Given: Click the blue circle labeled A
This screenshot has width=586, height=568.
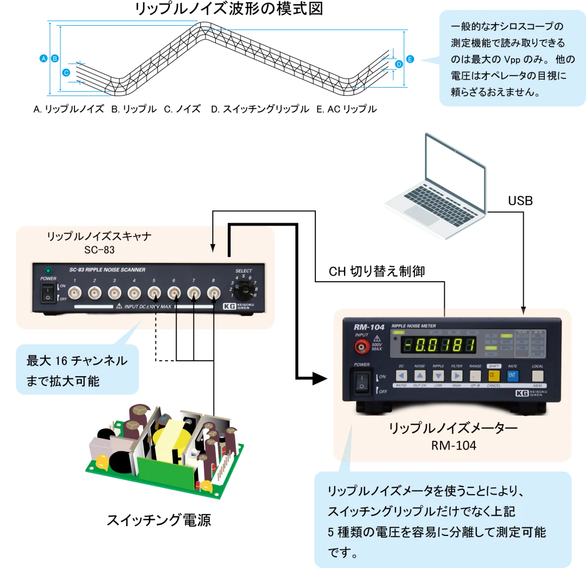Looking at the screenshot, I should click(x=44, y=58).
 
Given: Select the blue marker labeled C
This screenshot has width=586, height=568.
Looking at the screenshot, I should click(x=66, y=73).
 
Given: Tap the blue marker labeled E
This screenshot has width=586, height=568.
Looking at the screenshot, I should click(x=410, y=59).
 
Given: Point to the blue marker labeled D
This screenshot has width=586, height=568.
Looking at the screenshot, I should click(x=399, y=65).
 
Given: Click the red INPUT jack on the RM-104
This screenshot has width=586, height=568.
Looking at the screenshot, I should click(x=361, y=346).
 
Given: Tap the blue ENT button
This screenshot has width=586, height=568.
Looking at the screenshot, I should click(x=512, y=376).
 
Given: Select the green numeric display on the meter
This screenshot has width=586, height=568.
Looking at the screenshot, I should click(x=438, y=345).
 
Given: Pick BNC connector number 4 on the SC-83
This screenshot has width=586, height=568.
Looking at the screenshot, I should click(x=134, y=294).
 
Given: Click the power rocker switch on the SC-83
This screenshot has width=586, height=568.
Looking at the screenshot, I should click(x=49, y=294).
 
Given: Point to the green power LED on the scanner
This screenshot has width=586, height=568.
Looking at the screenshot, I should click(x=49, y=270).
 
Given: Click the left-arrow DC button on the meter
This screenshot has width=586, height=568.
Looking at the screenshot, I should click(x=402, y=376).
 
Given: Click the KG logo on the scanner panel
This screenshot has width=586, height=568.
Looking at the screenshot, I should click(x=229, y=306).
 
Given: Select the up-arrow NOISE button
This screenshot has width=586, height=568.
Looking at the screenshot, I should click(x=420, y=376).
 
